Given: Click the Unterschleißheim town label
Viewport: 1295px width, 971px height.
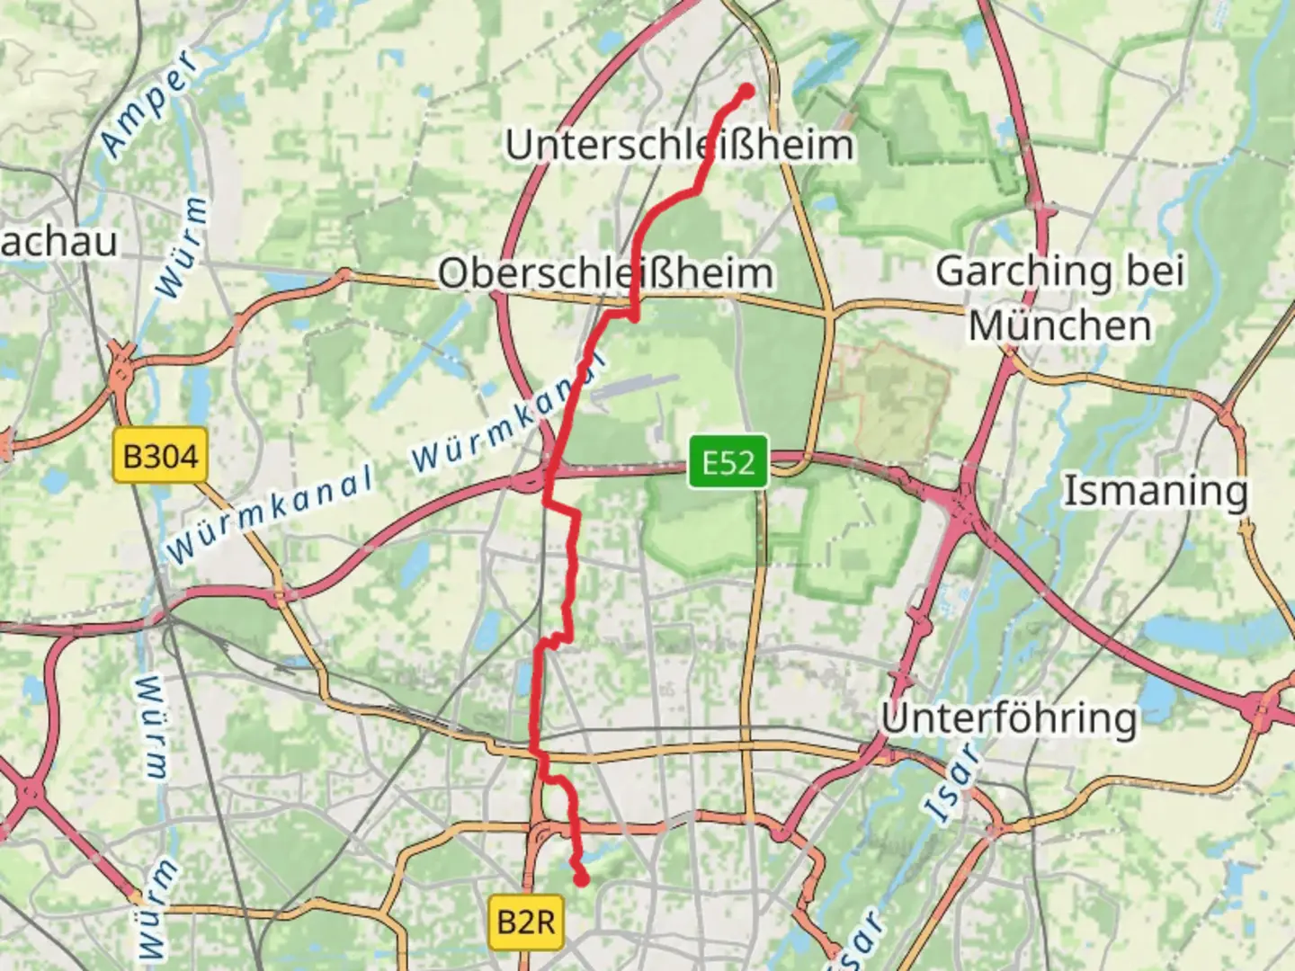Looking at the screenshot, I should (x=679, y=146).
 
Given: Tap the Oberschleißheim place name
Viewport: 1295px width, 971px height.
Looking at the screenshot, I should (x=604, y=273).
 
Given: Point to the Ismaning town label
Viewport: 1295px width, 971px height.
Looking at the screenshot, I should (x=1156, y=491).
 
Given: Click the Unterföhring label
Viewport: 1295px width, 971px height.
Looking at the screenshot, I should (x=1008, y=718).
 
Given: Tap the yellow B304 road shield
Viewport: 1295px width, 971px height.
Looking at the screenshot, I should (x=160, y=456).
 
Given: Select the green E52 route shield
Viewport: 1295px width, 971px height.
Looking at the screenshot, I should (x=728, y=463).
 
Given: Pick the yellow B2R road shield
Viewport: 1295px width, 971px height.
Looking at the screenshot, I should (x=526, y=922).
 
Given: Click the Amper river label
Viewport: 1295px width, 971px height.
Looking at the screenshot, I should (x=148, y=103).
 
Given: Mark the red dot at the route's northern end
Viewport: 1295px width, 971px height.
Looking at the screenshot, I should (x=746, y=90).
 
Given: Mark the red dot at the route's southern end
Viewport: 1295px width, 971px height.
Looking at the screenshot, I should (x=582, y=878).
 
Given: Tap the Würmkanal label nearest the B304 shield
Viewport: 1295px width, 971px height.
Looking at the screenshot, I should (x=270, y=515).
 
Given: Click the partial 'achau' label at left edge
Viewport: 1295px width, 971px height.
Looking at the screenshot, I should (x=58, y=243).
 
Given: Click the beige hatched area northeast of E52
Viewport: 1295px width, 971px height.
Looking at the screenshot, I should (x=890, y=400).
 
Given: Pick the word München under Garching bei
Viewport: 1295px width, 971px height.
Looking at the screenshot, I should (x=1059, y=325).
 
